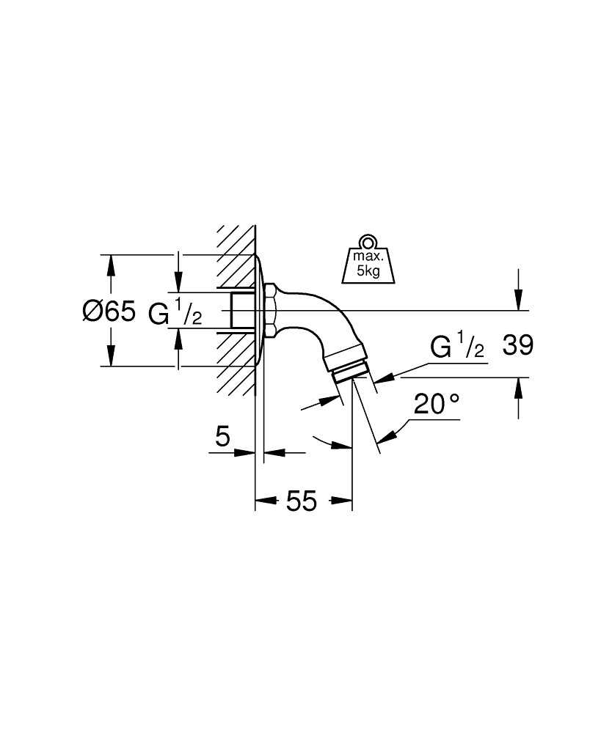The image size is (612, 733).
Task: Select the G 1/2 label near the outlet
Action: (457, 347)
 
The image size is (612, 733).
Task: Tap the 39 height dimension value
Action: (517, 346)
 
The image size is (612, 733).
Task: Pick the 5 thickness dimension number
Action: (222, 438)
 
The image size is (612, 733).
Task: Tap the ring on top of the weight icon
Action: (366, 242)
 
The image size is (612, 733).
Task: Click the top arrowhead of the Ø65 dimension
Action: (111, 264)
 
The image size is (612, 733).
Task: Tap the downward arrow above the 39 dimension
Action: (519, 299)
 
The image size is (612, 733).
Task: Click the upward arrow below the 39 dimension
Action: (519, 388)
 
